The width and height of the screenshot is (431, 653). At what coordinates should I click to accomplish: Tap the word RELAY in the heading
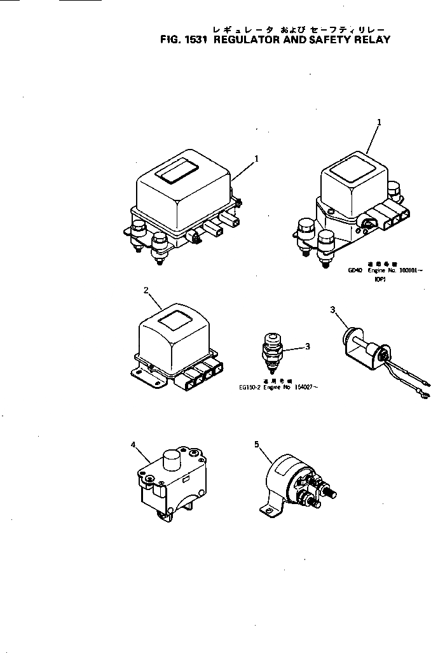(x=370, y=39)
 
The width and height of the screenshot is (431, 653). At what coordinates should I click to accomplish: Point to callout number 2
(x=146, y=290)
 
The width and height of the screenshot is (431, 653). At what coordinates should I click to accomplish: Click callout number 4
(x=133, y=444)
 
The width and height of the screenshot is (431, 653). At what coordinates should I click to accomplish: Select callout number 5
(x=257, y=444)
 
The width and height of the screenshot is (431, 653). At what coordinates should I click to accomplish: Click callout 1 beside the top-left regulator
(x=256, y=158)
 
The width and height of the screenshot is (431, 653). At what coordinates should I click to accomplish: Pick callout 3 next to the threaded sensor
(x=308, y=347)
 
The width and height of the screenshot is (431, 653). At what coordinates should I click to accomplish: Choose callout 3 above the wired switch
(x=332, y=310)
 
